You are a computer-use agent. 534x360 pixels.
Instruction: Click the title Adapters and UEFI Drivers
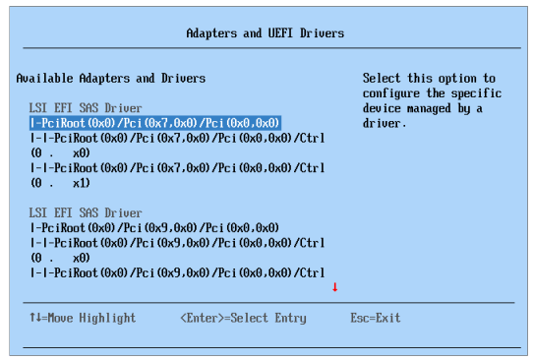(x=266, y=33)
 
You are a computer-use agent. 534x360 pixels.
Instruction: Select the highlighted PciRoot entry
(x=155, y=123)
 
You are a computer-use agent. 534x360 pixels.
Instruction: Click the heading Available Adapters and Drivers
(x=111, y=79)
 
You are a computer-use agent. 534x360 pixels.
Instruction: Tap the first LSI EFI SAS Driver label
(x=86, y=108)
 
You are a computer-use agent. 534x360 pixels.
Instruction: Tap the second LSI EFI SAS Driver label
(x=86, y=213)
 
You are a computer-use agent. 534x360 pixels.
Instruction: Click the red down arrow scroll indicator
(x=334, y=287)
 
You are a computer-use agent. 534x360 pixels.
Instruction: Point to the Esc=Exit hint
(x=376, y=319)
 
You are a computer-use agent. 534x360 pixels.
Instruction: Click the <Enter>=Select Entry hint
(x=243, y=319)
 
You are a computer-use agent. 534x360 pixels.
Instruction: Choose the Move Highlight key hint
(x=83, y=319)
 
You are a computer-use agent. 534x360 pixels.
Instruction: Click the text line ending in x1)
(x=61, y=184)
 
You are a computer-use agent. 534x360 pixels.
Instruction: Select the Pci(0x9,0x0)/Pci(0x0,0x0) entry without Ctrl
(x=154, y=228)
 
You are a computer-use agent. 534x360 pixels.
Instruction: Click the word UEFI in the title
(x=270, y=33)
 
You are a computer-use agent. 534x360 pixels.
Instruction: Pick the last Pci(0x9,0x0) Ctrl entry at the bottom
(x=177, y=272)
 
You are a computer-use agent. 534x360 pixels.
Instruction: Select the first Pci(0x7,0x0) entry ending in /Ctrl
(x=177, y=139)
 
